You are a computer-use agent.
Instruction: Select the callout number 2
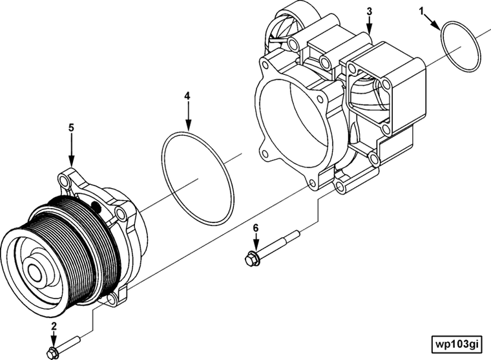[x=54, y=326]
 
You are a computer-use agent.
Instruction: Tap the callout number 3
[x=369, y=12]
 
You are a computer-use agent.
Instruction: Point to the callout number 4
[x=187, y=96]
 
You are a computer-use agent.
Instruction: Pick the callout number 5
[x=71, y=128]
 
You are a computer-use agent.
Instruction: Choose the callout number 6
[x=256, y=228]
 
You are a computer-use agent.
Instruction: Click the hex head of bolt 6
[x=249, y=260]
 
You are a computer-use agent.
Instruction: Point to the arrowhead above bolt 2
[x=54, y=343]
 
